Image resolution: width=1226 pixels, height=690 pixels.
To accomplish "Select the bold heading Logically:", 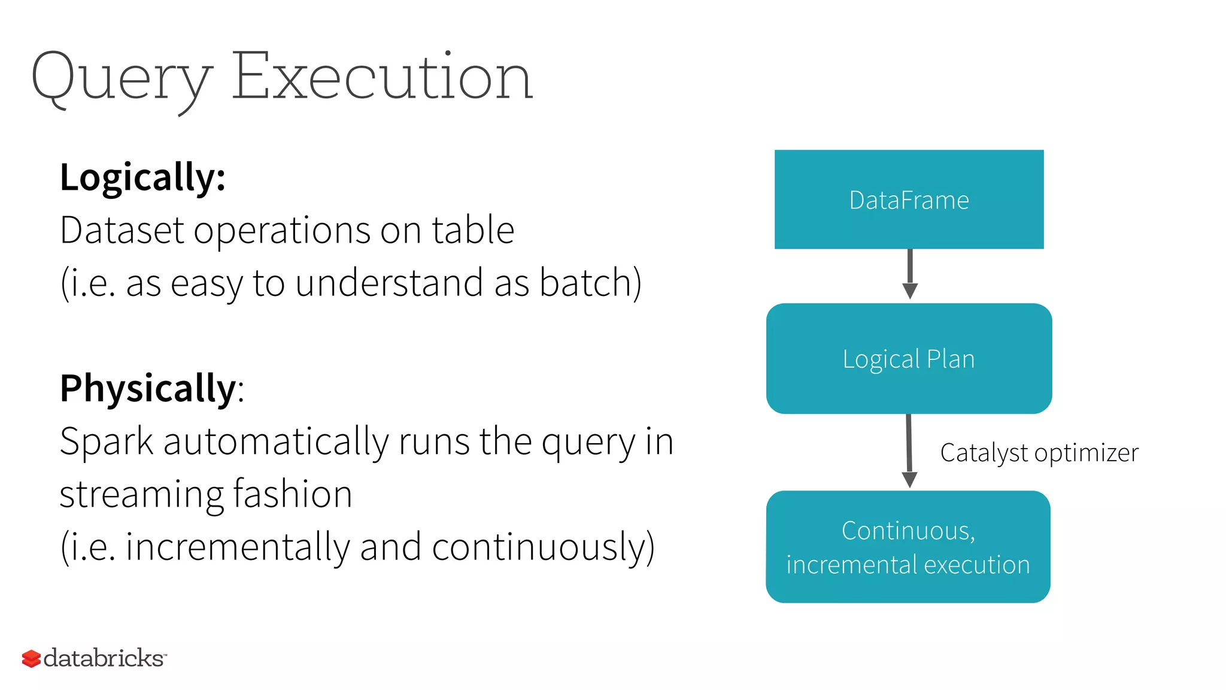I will pyautogui.click(x=142, y=178).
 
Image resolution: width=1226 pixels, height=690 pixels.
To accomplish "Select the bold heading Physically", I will pyautogui.click(x=148, y=389).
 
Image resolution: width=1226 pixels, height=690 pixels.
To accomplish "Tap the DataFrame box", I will pyautogui.click(x=909, y=199).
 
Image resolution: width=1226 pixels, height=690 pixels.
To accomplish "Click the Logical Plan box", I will pyautogui.click(x=909, y=358).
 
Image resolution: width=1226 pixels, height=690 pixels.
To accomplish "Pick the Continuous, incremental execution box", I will pyautogui.click(x=908, y=547).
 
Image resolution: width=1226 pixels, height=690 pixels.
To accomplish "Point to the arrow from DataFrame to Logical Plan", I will pyautogui.click(x=910, y=274).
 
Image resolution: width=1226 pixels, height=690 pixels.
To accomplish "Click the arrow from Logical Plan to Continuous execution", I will pyautogui.click(x=909, y=451).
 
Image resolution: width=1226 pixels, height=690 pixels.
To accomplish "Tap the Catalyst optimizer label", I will pyautogui.click(x=1039, y=453).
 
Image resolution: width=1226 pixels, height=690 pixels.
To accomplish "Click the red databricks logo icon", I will pyautogui.click(x=31, y=659).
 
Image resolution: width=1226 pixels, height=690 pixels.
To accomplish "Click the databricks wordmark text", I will pyautogui.click(x=104, y=658).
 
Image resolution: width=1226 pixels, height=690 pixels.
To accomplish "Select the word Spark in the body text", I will pyautogui.click(x=107, y=442).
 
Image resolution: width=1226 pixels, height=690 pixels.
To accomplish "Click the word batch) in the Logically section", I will pyautogui.click(x=590, y=283).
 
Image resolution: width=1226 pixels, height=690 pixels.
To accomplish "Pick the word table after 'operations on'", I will pyautogui.click(x=473, y=230).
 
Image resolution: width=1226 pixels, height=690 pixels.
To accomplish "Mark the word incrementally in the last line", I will pyautogui.click(x=237, y=547).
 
